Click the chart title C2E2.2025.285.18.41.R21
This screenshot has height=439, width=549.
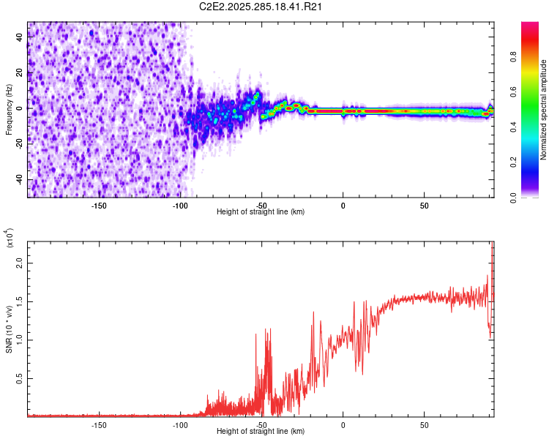[x=261, y=7]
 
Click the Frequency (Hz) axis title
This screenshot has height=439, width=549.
[x=9, y=110]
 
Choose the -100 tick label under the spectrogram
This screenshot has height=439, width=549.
[x=180, y=205]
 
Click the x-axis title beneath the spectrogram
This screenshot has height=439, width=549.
[x=261, y=212]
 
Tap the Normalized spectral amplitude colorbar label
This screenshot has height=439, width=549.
[x=544, y=110]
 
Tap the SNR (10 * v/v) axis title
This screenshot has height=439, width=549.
[x=9, y=329]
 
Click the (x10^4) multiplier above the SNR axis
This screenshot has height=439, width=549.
[x=10, y=238]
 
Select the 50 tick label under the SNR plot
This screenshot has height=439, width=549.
[x=424, y=424]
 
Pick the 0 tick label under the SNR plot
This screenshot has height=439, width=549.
[x=343, y=424]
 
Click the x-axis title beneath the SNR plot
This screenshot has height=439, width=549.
[x=261, y=432]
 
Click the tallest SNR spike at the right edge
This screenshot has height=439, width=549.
[x=492, y=245]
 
